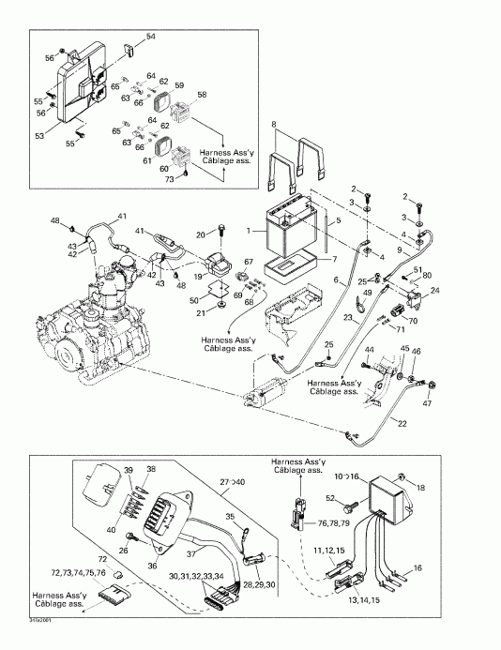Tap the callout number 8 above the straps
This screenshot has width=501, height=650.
(273, 124)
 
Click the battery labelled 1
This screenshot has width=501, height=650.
(286, 229)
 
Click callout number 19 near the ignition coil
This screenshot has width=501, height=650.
(198, 277)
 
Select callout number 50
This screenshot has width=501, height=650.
(194, 300)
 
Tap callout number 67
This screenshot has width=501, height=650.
(250, 262)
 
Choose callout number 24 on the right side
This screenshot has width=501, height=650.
(433, 292)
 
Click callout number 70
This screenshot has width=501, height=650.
(414, 322)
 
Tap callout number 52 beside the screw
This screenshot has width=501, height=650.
(330, 497)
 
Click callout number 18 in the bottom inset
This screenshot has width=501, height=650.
(419, 487)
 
